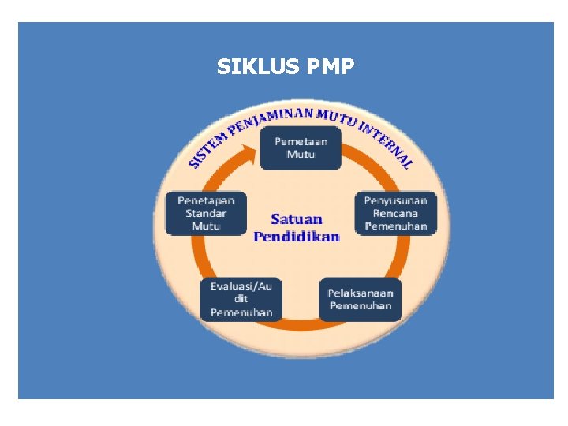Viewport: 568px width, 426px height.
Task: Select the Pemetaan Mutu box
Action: (x=295, y=148)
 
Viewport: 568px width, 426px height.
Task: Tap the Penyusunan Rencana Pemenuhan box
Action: (x=395, y=213)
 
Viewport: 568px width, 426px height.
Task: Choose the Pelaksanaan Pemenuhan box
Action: (x=360, y=299)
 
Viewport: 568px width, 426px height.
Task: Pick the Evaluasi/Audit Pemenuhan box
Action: (x=241, y=299)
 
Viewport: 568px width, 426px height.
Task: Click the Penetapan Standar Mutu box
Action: (x=206, y=213)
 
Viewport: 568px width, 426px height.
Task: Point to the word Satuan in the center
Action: (x=297, y=219)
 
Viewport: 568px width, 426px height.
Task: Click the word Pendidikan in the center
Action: (x=297, y=236)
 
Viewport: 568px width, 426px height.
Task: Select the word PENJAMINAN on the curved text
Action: (x=269, y=118)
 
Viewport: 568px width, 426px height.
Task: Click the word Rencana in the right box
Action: (x=395, y=213)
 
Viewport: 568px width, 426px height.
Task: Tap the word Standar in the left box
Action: (x=206, y=213)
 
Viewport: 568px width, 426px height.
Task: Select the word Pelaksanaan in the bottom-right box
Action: (x=360, y=293)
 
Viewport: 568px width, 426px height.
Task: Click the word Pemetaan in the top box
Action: (x=295, y=142)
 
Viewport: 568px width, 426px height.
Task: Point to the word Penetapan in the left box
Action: (x=206, y=200)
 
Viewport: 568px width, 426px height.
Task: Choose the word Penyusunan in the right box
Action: (x=395, y=200)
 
